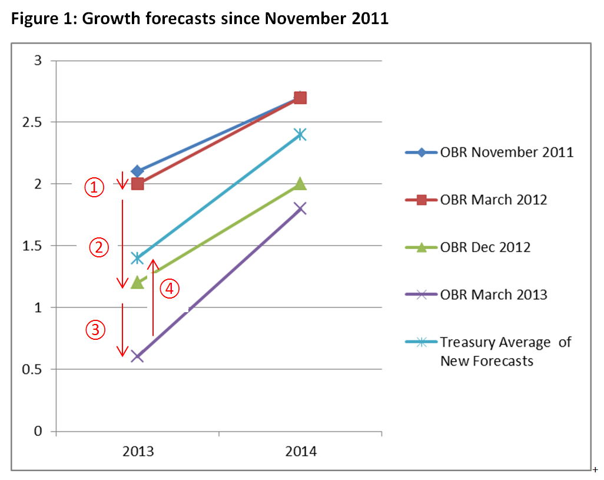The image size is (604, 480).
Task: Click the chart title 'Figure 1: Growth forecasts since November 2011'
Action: point(200,18)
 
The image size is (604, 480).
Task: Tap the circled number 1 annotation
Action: point(94,187)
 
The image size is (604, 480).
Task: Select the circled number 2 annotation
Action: point(99,247)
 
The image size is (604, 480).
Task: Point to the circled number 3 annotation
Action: point(96,330)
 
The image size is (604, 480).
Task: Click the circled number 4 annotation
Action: point(169,289)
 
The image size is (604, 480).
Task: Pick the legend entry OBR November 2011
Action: point(506,153)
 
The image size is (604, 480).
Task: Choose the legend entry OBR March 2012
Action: point(493,200)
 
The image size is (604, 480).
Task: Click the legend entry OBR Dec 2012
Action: point(485,247)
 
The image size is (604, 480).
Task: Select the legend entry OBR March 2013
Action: point(493,294)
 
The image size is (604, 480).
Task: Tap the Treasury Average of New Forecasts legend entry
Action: point(505,351)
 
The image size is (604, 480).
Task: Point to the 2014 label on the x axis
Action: point(300,452)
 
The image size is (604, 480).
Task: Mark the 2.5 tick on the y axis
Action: point(36,123)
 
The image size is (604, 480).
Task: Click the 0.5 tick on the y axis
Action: point(36,369)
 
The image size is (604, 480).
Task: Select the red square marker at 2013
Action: point(138,184)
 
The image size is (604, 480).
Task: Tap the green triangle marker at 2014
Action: point(300,184)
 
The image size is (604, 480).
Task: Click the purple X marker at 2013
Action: point(138,356)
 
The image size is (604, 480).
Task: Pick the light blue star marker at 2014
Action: point(300,134)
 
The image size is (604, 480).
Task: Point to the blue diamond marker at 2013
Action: point(138,171)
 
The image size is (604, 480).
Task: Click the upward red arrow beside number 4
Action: point(153,297)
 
